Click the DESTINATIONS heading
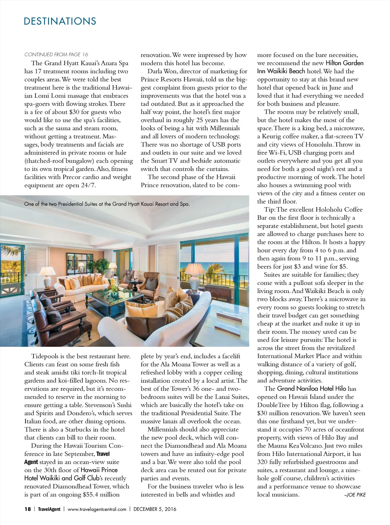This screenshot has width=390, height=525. click(x=60, y=21)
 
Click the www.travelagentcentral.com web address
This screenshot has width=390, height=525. click(x=97, y=509)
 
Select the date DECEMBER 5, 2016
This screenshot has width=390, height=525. click(x=155, y=509)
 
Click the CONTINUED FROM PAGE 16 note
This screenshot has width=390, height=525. click(x=56, y=55)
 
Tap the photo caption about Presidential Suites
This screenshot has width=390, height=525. click(x=107, y=204)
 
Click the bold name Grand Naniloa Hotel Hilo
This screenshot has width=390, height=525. click(x=311, y=388)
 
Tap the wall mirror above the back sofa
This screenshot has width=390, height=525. click(x=80, y=261)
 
